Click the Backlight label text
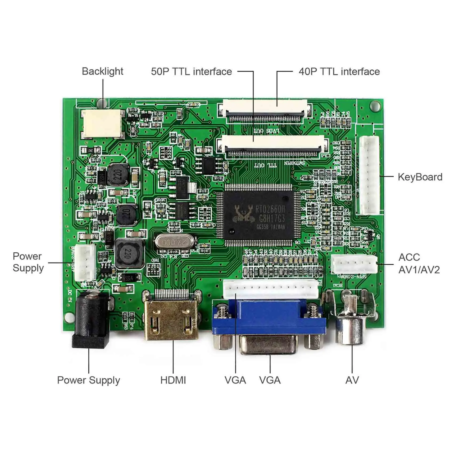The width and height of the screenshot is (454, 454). tap(103, 72)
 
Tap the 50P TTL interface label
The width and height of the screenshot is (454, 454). tap(191, 72)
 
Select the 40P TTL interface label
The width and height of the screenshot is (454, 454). tap(339, 72)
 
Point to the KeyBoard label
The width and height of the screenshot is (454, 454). tap(420, 177)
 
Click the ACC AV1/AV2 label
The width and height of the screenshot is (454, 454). tap(419, 264)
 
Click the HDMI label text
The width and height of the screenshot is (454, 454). tap(173, 380)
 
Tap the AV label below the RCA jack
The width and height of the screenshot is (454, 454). tap(352, 380)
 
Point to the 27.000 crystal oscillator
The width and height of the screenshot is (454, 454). tap(174, 242)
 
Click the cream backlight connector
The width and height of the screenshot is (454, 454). tap(103, 124)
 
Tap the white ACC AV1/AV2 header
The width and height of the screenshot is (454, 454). tap(354, 264)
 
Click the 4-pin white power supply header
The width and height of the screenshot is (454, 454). tap(85, 263)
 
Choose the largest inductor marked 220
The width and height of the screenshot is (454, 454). tap(129, 254)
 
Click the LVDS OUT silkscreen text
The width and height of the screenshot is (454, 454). tap(267, 131)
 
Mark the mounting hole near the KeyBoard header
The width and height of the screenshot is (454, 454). tap(375, 106)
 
